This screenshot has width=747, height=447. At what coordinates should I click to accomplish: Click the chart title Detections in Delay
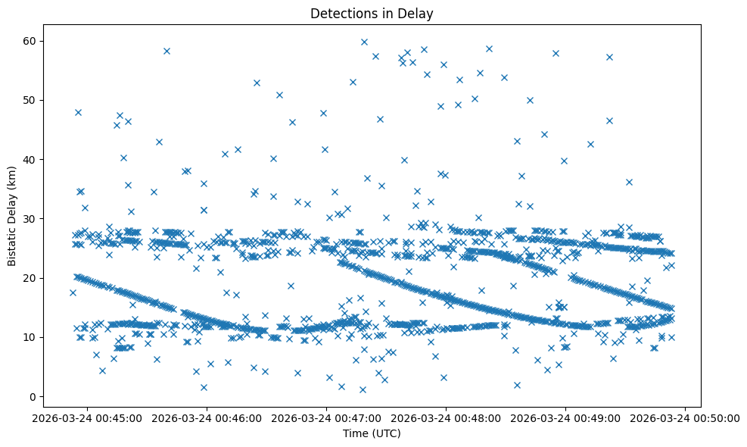point(372,13)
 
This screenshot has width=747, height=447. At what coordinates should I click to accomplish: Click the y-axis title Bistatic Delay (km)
point(13,216)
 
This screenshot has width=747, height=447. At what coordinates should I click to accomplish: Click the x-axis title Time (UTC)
point(372,433)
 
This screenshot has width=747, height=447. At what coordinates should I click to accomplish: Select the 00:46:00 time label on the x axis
point(207,417)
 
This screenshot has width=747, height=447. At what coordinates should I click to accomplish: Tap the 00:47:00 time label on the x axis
point(327,417)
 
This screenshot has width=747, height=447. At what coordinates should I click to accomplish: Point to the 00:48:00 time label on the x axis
point(447,417)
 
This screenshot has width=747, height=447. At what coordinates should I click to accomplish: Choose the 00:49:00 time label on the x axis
point(566,417)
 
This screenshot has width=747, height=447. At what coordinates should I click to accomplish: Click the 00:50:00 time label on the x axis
point(686,417)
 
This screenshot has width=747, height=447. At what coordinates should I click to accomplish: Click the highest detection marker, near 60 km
point(364,42)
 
